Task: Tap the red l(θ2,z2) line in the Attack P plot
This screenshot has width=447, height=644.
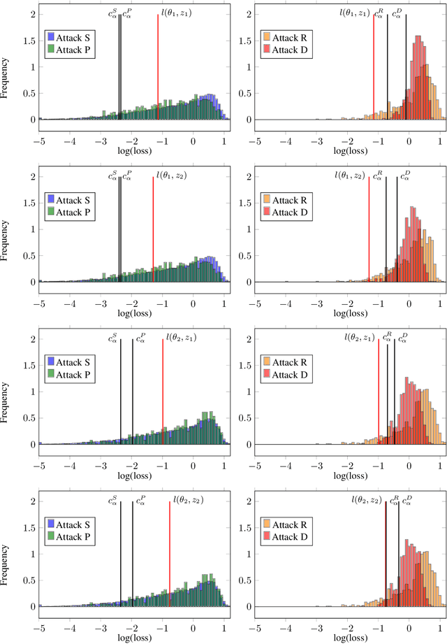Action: pyautogui.click(x=170, y=545)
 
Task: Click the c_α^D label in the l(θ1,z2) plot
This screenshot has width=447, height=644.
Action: pyautogui.click(x=405, y=176)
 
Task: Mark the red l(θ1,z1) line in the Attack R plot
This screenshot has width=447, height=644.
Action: pyautogui.click(x=374, y=70)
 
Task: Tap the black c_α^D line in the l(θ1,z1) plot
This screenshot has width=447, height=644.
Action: pyautogui.click(x=406, y=70)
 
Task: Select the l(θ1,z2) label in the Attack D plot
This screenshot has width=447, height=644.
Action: pyautogui.click(x=350, y=175)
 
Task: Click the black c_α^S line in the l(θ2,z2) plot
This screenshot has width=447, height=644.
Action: pyautogui.click(x=120, y=545)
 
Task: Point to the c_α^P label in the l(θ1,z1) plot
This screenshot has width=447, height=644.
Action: pyautogui.click(x=126, y=13)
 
